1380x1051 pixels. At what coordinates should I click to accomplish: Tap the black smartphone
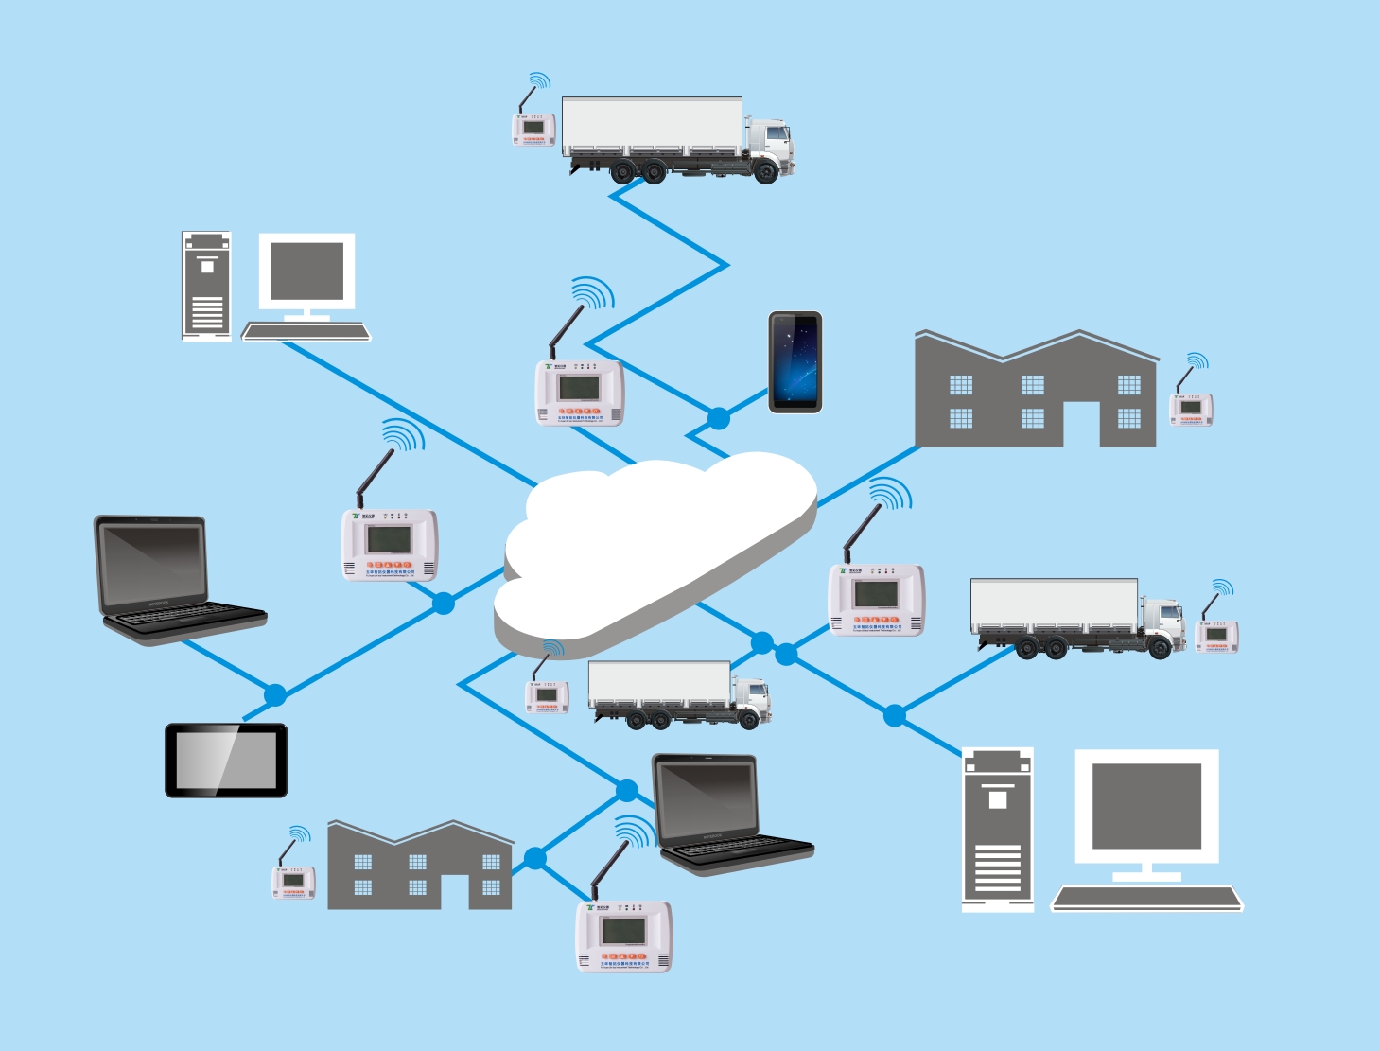pos(795,362)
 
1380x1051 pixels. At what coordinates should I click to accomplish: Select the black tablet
pos(226,761)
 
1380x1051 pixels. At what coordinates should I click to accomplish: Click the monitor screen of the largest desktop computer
pos(1146,806)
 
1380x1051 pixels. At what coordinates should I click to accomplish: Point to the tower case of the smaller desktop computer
pos(206,287)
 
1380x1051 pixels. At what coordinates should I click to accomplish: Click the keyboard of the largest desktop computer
pos(1146,897)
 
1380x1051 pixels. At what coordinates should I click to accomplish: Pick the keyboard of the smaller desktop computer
pos(306,331)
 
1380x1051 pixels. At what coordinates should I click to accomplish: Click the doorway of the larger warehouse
pos(1081,424)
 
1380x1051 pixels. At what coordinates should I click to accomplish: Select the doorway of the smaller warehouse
pos(455,891)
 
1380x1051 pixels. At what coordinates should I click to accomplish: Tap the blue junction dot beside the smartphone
pos(719,417)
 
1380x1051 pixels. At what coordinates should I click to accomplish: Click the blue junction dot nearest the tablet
pos(275,695)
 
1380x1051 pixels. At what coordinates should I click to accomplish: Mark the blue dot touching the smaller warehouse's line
pos(535,858)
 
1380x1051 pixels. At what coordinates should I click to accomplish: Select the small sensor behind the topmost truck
pos(533,129)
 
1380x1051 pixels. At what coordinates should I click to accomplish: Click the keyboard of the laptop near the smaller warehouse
pos(738,849)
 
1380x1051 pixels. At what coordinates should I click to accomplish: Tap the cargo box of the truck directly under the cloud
pos(658,683)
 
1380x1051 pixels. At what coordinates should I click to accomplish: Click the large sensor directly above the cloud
pos(579,390)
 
